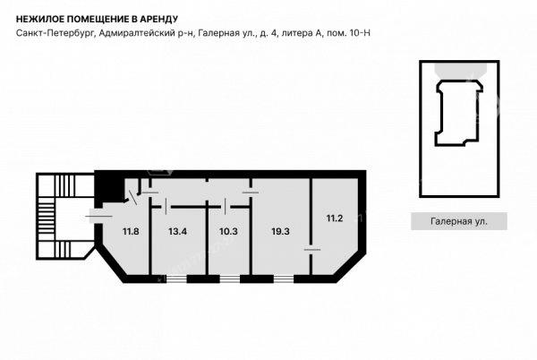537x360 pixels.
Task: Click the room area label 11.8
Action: click(x=131, y=232)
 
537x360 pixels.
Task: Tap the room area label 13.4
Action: click(x=177, y=232)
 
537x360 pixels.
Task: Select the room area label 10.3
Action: click(x=228, y=232)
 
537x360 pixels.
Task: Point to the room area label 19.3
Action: click(x=280, y=232)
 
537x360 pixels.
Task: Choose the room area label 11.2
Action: click(x=334, y=219)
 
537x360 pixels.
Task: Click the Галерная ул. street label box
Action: click(x=459, y=221)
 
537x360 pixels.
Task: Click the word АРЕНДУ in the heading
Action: click(x=159, y=19)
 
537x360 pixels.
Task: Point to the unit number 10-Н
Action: click(x=360, y=33)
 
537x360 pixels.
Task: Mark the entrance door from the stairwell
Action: click(x=99, y=216)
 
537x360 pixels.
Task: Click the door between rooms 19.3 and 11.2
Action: click(x=311, y=250)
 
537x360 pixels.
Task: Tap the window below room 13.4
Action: click(x=176, y=279)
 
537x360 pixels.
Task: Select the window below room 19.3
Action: click(x=284, y=279)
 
